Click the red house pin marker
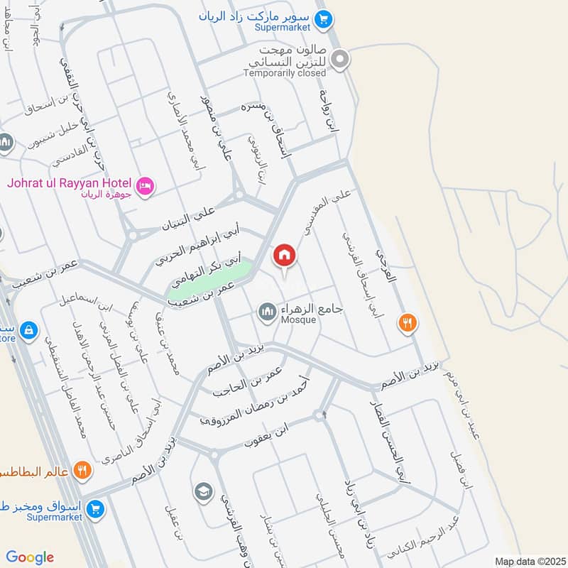tap(284, 254)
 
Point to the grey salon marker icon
tap(341, 60)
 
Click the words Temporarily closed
tap(285, 72)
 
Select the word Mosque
tap(297, 320)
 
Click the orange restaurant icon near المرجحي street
tap(407, 322)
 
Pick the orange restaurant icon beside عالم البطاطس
tap(83, 469)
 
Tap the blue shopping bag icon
tap(29, 330)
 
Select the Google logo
tap(30, 557)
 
